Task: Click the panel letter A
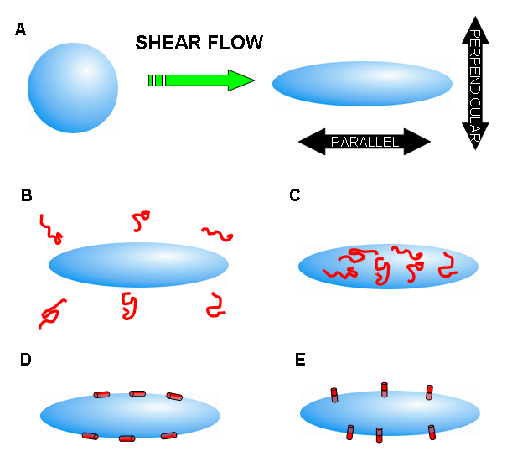pyautogui.click(x=21, y=31)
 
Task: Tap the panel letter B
pyautogui.click(x=26, y=196)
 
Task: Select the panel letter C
pyautogui.click(x=294, y=196)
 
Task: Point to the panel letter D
pyautogui.click(x=26, y=360)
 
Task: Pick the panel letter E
pyautogui.click(x=300, y=360)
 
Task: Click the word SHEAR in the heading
pyautogui.click(x=168, y=42)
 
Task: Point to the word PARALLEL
pyautogui.click(x=365, y=143)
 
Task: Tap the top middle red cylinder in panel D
pyautogui.click(x=137, y=392)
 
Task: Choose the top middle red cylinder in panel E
pyautogui.click(x=385, y=388)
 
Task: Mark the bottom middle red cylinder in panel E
pyautogui.click(x=380, y=434)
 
